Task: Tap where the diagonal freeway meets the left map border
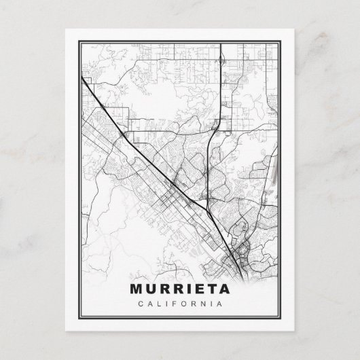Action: click(82, 76)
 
